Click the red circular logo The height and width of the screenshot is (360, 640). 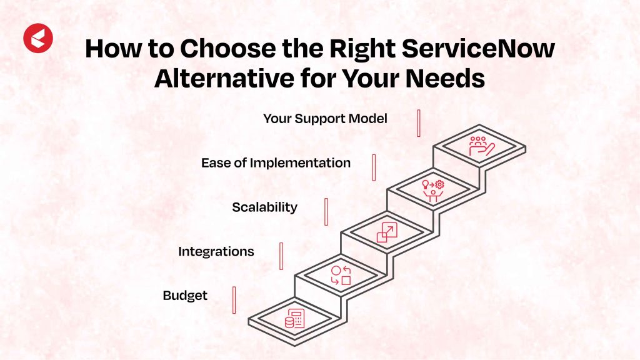(38, 39)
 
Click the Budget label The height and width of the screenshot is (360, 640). (185, 296)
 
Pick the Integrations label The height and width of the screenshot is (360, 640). (216, 251)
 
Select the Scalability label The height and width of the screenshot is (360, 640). (264, 207)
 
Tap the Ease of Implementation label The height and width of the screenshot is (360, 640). (276, 162)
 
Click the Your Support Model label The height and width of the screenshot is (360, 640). (325, 118)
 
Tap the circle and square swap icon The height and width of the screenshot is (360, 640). (341, 276)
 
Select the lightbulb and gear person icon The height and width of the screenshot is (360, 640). (432, 189)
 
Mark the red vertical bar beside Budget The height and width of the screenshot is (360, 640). (234, 300)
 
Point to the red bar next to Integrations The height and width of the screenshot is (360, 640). (281, 256)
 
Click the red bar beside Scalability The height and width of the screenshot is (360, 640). (326, 211)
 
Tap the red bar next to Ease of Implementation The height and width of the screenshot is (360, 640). (374, 167)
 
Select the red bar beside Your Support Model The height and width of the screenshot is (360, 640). (419, 123)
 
